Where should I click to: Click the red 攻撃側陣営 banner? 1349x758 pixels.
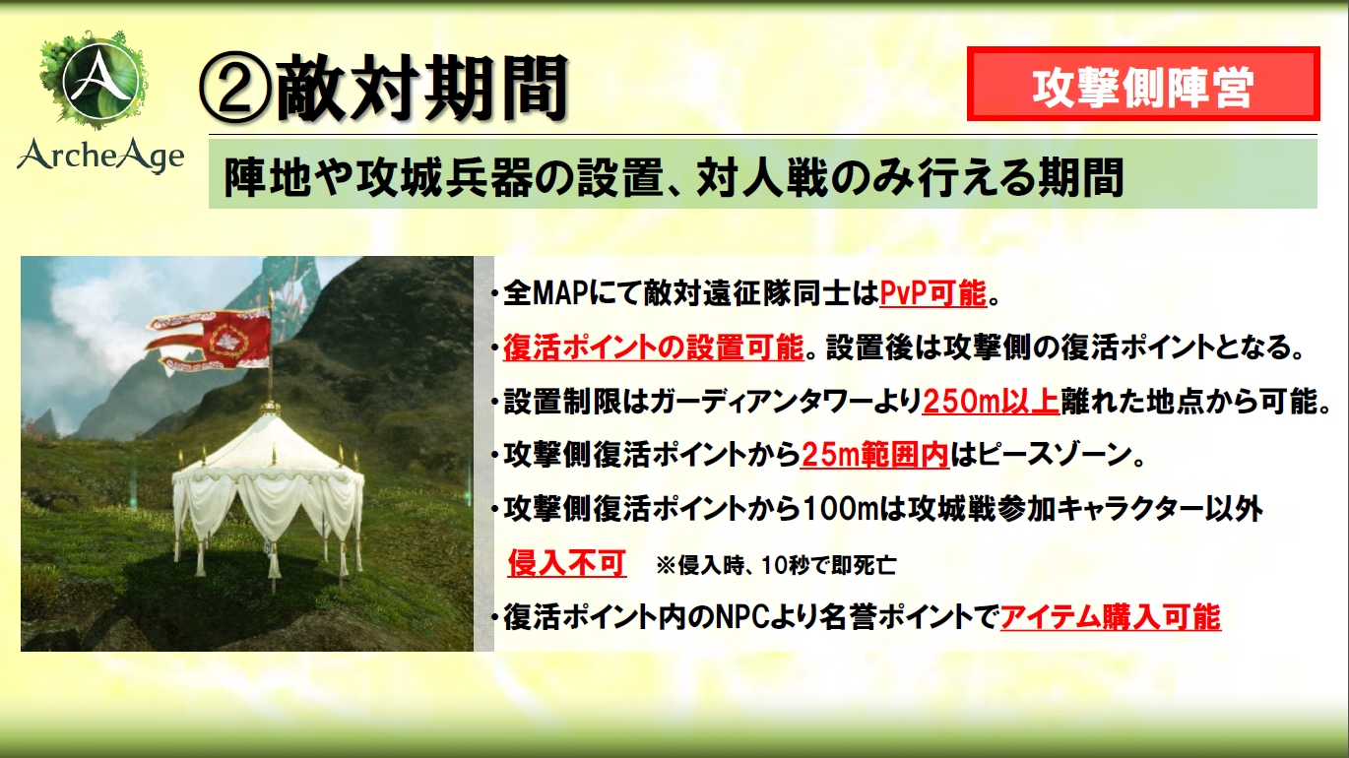(1143, 84)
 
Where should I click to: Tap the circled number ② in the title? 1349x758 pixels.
(235, 91)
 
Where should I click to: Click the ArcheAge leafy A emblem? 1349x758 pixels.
(94, 80)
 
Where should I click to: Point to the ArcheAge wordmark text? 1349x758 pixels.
(100, 155)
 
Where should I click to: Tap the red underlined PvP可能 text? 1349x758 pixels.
(932, 294)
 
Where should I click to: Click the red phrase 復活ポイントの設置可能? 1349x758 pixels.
(654, 348)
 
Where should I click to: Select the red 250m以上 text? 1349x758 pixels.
(991, 402)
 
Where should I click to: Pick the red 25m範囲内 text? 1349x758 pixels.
(875, 455)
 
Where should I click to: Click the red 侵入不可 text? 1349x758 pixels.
(567, 563)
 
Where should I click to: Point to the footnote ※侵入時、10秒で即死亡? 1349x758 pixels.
(776, 565)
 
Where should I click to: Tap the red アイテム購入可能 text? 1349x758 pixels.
(1111, 617)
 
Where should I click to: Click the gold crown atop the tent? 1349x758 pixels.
(271, 407)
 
